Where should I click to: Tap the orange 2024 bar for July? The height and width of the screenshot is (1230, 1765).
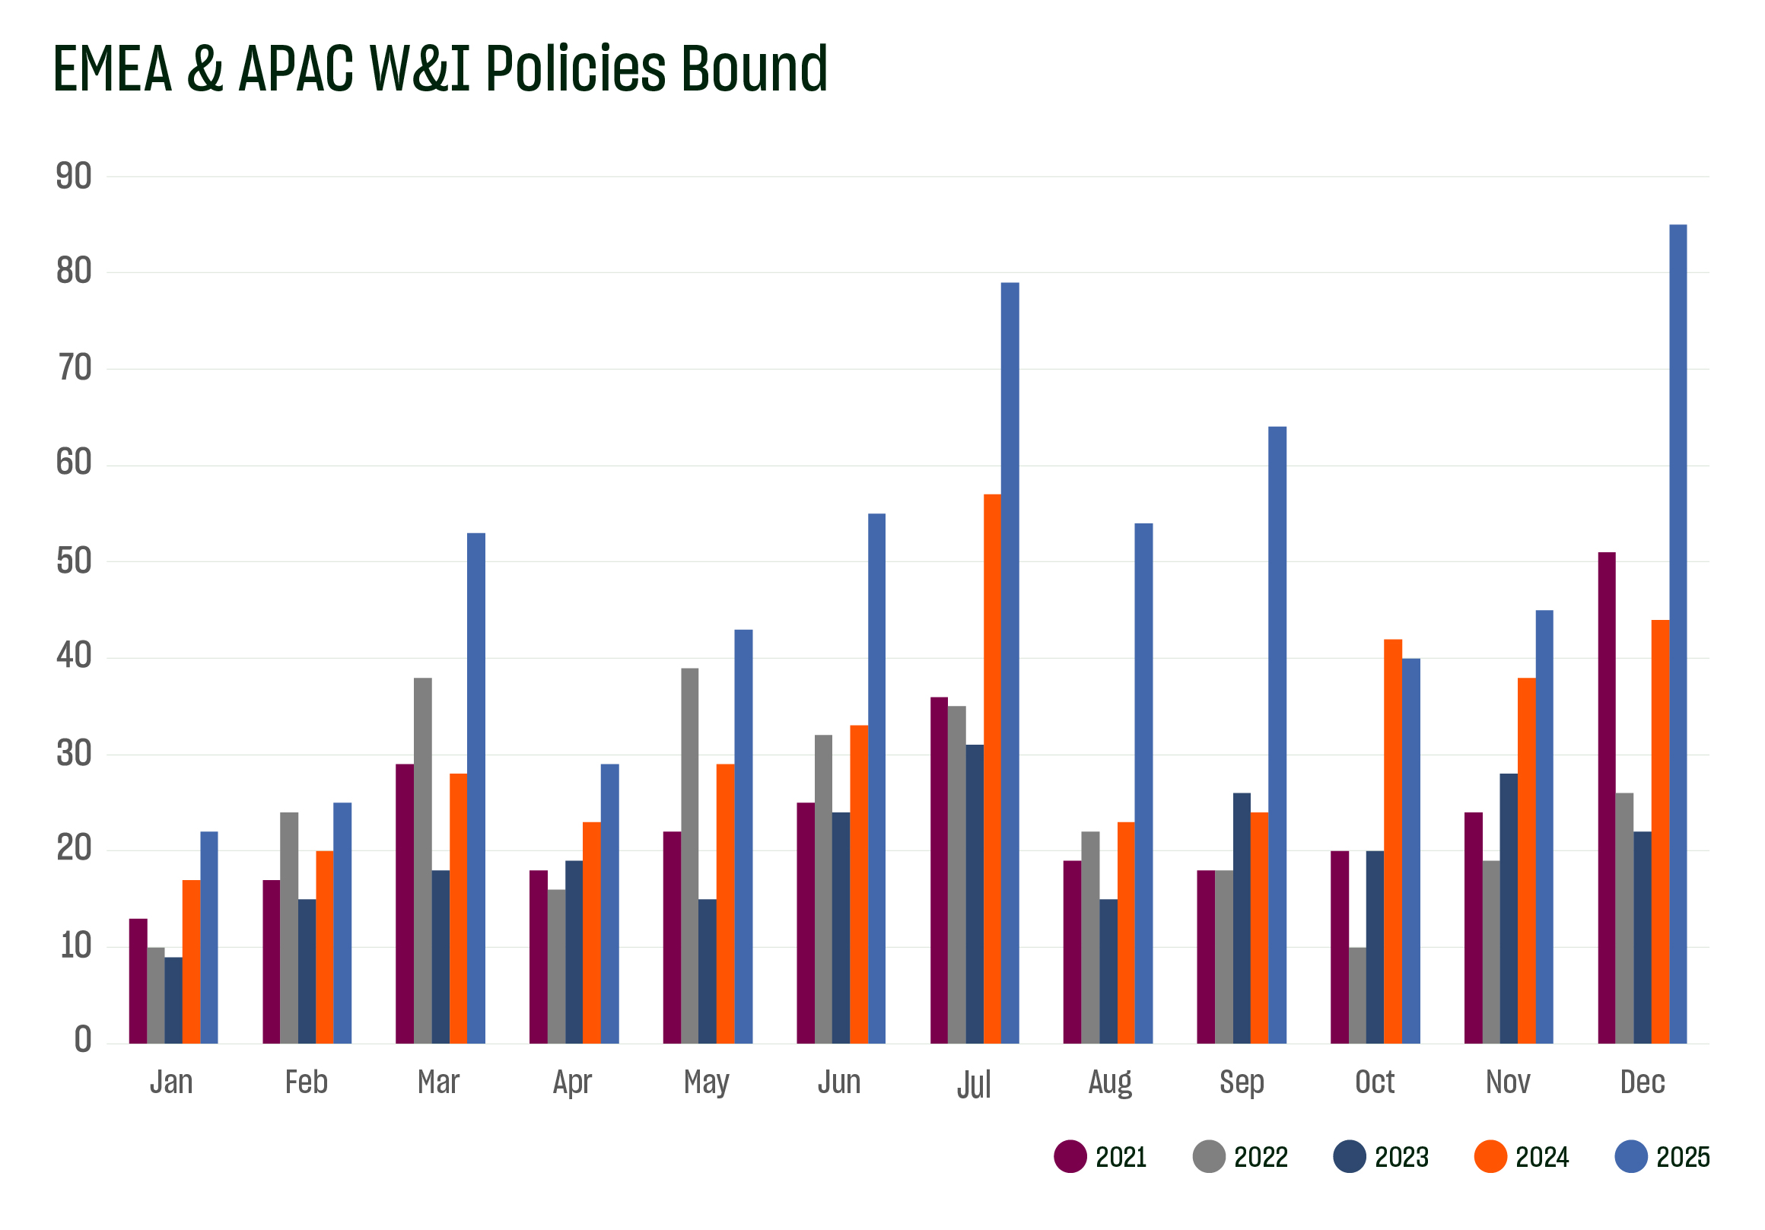tap(991, 769)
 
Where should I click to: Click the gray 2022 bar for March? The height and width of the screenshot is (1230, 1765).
tap(422, 861)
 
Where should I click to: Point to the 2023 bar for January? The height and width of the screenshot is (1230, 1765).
tap(173, 1000)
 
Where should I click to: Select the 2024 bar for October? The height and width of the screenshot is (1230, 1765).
tap(1392, 842)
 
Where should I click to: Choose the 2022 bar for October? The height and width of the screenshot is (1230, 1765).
tap(1356, 996)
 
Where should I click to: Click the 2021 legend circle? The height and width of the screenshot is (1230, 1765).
tap(1070, 1157)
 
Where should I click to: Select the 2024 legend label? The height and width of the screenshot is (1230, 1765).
tap(1541, 1158)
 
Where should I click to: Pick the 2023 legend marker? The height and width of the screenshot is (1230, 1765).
tap(1349, 1157)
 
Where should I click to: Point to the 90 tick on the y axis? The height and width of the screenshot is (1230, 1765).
tap(74, 176)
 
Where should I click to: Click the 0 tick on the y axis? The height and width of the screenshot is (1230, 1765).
tap(82, 1040)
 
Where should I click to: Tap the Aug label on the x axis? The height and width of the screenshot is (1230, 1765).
tap(1109, 1083)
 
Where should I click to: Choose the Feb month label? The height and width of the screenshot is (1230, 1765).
tap(306, 1082)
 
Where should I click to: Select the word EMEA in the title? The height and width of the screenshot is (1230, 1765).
tap(113, 69)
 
